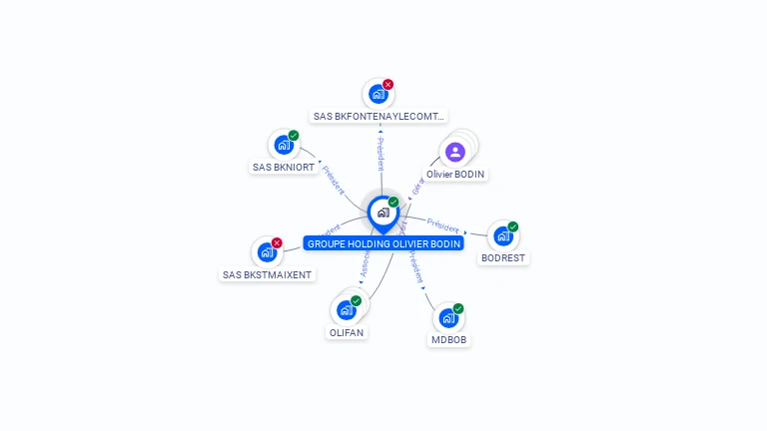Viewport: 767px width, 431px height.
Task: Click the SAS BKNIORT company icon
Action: [x=284, y=145]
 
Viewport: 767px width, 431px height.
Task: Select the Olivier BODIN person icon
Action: [x=455, y=152]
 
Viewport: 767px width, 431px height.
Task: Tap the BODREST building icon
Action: [x=503, y=236]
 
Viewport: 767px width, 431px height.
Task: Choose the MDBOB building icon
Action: [x=448, y=318]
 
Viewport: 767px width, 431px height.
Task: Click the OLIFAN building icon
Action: [x=346, y=310]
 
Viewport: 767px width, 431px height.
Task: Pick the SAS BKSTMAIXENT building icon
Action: [x=267, y=252]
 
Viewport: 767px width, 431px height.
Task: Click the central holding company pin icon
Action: [x=383, y=213]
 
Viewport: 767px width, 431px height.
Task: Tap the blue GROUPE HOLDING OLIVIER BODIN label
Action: [x=383, y=243]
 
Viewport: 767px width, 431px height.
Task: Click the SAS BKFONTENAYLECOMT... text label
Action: [x=379, y=117]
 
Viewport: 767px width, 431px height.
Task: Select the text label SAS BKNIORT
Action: [x=284, y=168]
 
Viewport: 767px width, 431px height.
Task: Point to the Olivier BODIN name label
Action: [x=455, y=175]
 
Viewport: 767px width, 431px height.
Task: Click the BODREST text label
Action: [x=503, y=258]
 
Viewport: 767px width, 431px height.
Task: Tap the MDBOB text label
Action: [x=448, y=340]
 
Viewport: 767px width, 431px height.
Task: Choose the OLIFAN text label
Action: [x=347, y=332]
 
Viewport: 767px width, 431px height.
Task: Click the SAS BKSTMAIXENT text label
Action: [x=267, y=274]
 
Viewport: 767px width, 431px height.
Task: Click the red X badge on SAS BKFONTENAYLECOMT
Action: [x=388, y=85]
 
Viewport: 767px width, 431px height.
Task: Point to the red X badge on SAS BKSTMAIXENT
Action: [x=277, y=242]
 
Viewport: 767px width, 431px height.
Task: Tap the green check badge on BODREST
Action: [x=513, y=226]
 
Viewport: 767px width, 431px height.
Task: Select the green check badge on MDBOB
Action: [x=458, y=308]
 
